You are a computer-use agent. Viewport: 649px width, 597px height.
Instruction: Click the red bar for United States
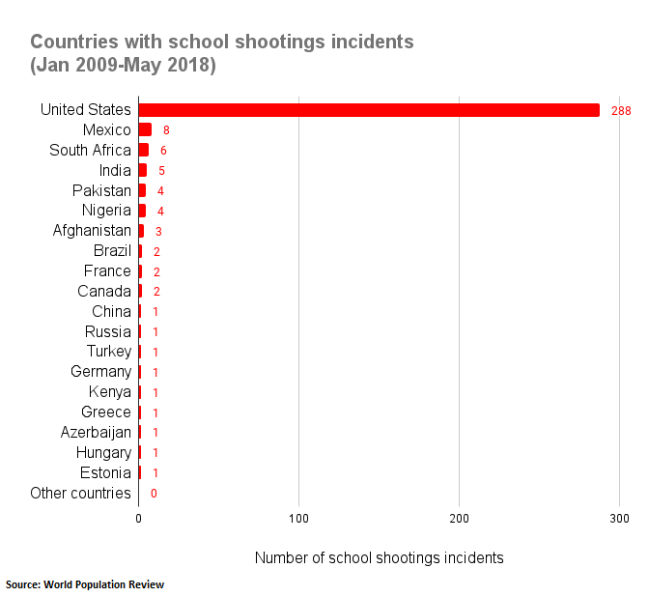tap(369, 110)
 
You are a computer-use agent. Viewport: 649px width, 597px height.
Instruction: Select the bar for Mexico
tap(145, 129)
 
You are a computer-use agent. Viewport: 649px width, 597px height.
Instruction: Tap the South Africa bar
tap(144, 150)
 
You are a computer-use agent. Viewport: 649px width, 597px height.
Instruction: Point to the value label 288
tap(620, 111)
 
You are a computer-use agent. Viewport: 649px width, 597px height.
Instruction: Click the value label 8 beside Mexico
tap(167, 130)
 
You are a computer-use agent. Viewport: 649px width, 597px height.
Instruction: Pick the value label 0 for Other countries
tap(154, 495)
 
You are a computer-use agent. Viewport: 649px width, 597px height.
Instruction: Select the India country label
tap(115, 170)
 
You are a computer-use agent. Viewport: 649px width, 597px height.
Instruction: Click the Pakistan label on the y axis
tap(101, 190)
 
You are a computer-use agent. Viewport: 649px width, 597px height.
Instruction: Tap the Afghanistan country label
tap(92, 230)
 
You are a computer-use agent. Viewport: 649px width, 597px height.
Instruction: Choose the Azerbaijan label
tap(96, 432)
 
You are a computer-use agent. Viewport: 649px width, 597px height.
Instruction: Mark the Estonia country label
tap(105, 472)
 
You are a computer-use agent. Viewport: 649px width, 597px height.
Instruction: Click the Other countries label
tap(80, 493)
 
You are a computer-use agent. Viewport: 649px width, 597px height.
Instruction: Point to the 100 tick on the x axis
tap(299, 520)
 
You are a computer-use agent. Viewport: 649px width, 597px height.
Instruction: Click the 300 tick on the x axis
tap(620, 520)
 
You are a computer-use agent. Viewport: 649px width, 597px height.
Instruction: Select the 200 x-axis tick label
tap(460, 520)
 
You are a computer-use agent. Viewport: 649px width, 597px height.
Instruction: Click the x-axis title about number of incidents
tap(379, 557)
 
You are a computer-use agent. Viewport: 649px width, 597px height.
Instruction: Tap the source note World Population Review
tap(85, 584)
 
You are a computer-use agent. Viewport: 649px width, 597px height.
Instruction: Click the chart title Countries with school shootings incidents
tap(222, 43)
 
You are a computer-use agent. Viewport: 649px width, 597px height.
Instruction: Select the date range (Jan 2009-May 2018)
tap(123, 66)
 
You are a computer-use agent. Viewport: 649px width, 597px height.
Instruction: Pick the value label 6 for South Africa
tap(163, 151)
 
